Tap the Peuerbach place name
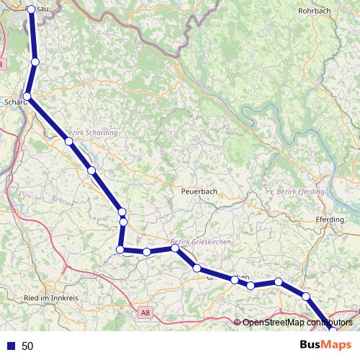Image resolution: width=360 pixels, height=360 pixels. click(x=199, y=192)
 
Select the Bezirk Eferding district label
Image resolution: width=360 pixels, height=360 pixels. click(x=301, y=192)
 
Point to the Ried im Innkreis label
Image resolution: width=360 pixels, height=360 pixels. click(x=51, y=297)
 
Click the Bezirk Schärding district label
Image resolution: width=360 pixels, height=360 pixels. click(x=91, y=132)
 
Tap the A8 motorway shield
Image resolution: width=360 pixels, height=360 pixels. click(x=146, y=312)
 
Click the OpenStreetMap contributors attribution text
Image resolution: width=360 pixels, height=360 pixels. click(x=297, y=323)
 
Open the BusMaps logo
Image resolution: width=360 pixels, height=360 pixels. click(x=326, y=345)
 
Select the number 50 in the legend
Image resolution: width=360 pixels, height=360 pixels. click(x=28, y=346)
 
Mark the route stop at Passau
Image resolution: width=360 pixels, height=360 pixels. click(x=31, y=10)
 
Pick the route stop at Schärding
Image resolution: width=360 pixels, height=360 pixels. click(x=27, y=96)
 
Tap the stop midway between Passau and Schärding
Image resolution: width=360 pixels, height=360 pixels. click(x=35, y=63)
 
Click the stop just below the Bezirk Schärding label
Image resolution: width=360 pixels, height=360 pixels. click(x=69, y=141)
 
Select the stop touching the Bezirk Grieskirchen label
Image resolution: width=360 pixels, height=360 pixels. click(x=175, y=248)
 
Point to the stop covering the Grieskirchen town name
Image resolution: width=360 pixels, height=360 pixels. click(x=235, y=279)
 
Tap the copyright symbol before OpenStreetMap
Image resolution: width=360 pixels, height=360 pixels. click(x=238, y=323)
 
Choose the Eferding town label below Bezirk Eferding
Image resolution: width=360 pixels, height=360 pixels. click(x=330, y=220)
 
